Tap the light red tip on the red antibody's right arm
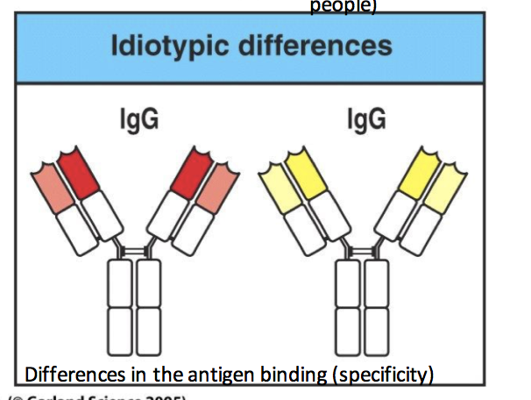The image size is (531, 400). click(x=214, y=186)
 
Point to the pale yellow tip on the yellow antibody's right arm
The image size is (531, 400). click(x=442, y=185)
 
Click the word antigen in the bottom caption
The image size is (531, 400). click(x=198, y=375)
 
